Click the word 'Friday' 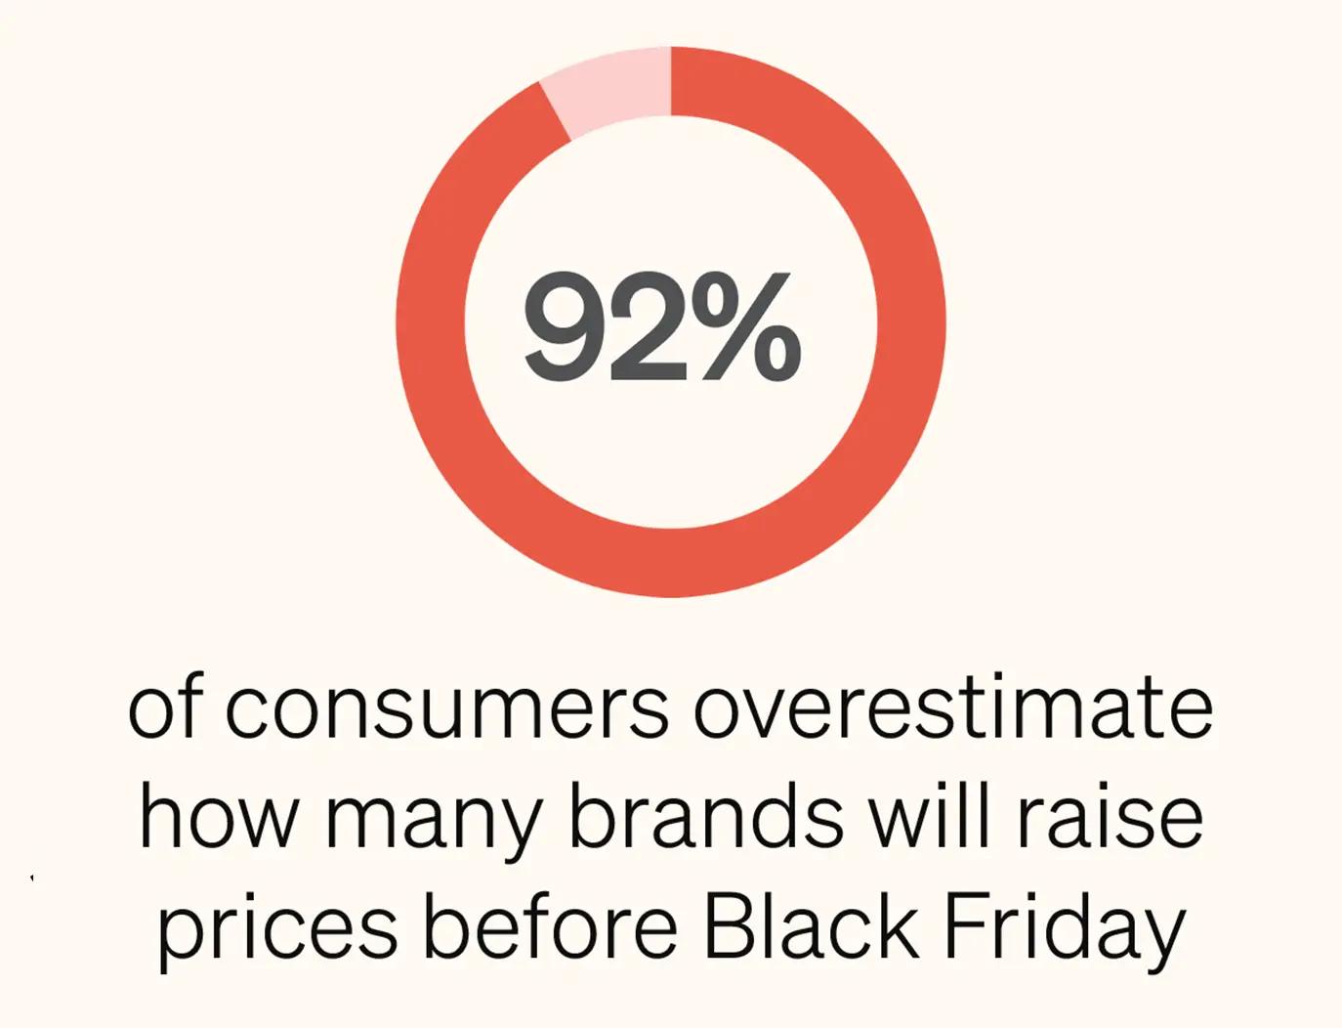[1064, 928]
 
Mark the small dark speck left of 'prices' [32, 878]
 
